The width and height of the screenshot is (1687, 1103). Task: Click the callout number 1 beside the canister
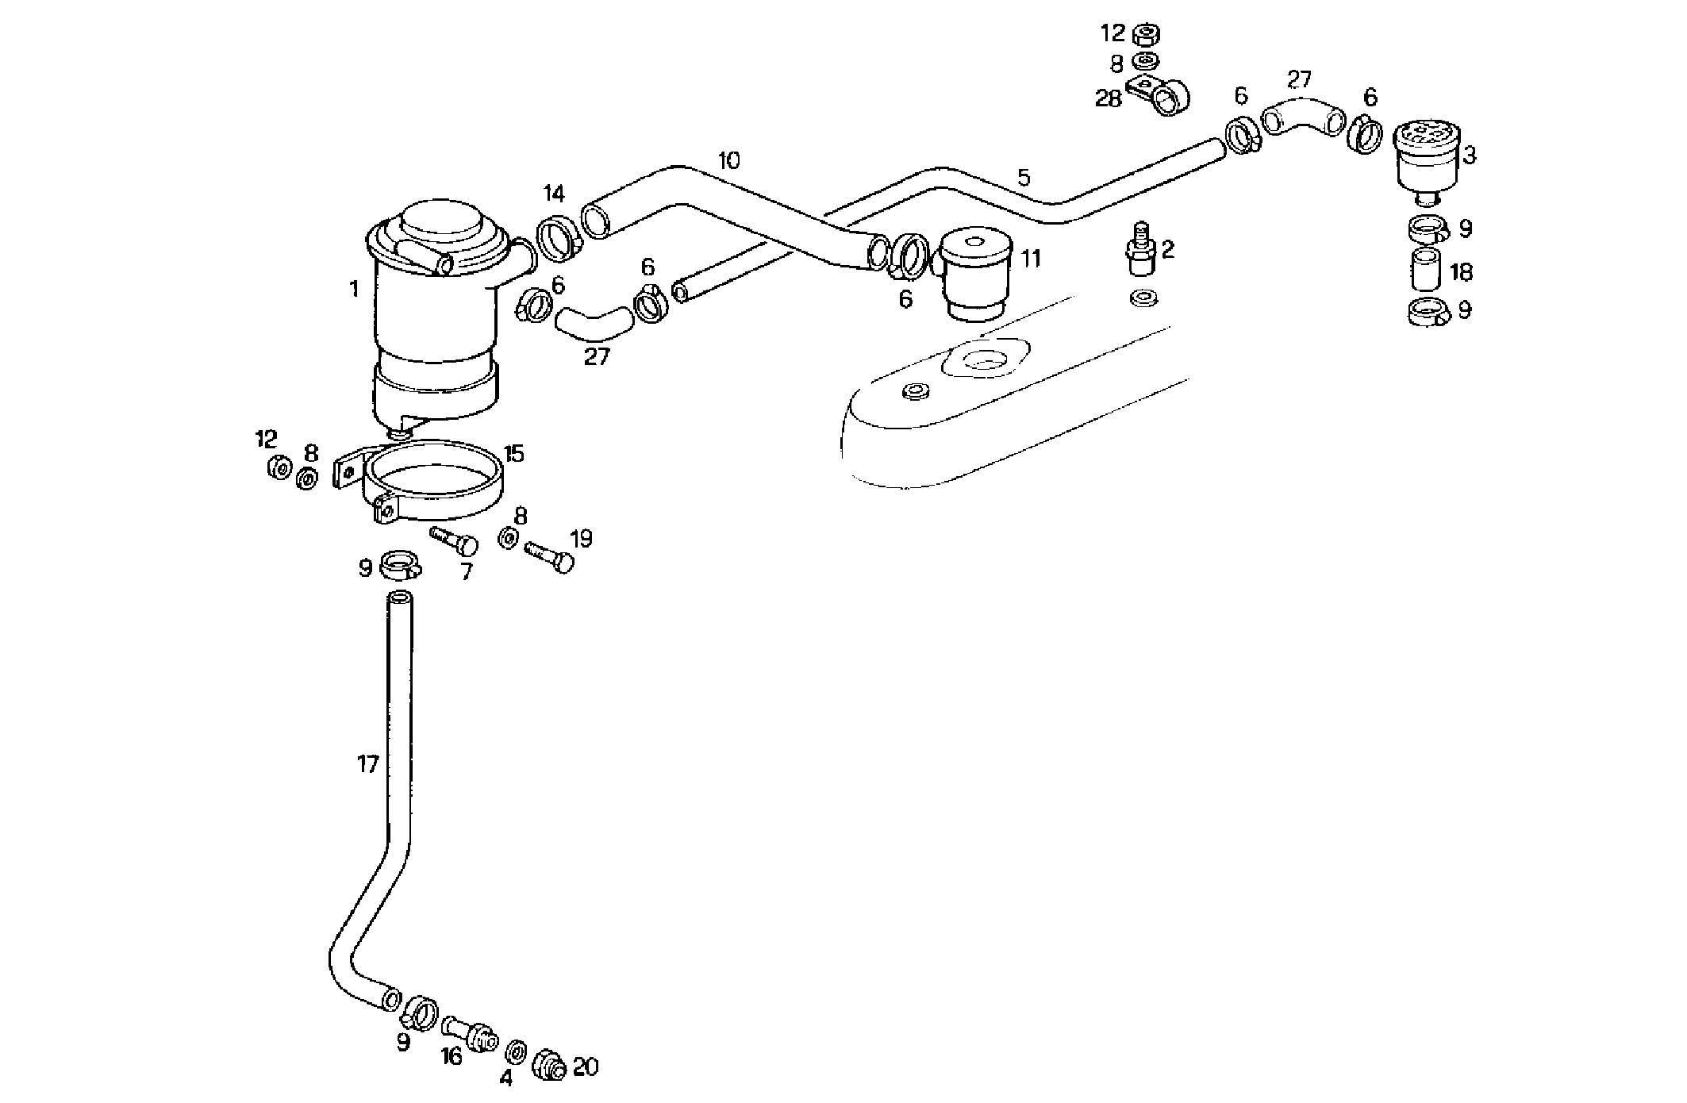[x=354, y=290]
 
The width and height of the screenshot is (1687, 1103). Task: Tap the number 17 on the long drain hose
[x=367, y=765]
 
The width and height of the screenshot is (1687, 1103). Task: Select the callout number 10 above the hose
[x=728, y=161]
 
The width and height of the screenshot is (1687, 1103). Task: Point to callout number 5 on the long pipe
[x=1024, y=179]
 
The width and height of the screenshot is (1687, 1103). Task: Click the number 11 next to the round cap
[x=1030, y=259]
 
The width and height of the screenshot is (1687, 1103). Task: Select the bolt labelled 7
[x=455, y=541]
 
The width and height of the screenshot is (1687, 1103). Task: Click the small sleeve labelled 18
[x=1424, y=270]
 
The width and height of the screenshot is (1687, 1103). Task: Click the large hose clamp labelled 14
[x=561, y=236]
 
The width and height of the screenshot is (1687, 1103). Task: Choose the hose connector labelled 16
[x=471, y=1032]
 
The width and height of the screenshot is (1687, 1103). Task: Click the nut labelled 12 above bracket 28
[x=1144, y=35]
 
